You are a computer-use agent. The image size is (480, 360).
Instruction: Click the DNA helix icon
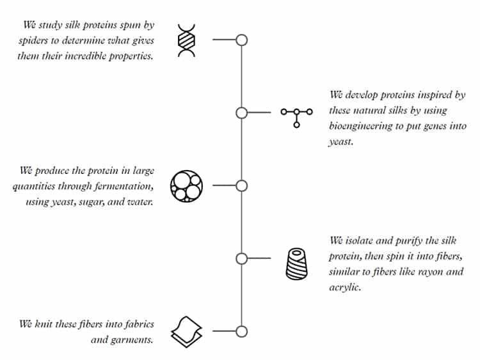186,40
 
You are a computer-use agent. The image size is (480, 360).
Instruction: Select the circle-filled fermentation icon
186,186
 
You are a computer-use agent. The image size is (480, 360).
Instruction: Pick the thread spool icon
296,263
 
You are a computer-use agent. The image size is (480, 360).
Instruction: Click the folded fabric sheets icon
186,332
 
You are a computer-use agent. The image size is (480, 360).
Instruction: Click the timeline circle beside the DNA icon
241,40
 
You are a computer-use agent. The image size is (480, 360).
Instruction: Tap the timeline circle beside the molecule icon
241,113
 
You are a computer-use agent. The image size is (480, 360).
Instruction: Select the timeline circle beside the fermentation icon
241,185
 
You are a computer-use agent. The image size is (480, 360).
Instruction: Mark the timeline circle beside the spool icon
241,258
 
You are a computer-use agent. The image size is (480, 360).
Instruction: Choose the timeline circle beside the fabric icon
241,332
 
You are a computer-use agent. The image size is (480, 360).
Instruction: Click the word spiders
33,41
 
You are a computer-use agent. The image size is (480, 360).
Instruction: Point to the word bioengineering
360,127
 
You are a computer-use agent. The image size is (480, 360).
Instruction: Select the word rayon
431,272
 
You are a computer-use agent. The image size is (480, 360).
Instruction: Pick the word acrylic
345,288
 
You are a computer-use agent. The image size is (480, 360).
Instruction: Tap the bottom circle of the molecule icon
296,125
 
